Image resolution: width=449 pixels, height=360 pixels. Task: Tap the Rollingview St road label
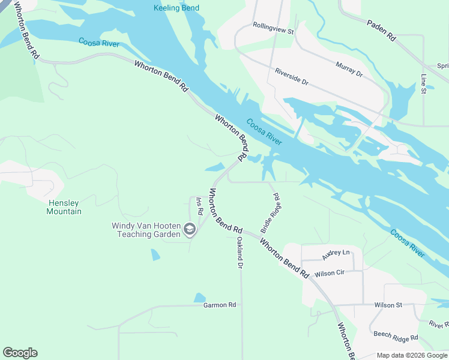coord(274,30)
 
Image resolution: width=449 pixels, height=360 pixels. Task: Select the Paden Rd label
coord(381,29)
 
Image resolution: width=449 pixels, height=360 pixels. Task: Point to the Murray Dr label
coord(349,69)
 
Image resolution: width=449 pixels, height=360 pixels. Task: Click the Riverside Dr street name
coord(291,76)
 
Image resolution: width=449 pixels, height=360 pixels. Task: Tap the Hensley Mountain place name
coord(64,207)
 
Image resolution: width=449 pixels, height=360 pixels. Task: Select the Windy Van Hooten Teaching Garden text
coord(146,230)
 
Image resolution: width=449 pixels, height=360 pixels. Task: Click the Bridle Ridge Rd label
coord(270,213)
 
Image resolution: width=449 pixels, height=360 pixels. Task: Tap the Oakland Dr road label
coord(240,252)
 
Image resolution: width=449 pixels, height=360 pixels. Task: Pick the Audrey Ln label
coord(336,254)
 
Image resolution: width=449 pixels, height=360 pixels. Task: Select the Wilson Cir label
coord(329,273)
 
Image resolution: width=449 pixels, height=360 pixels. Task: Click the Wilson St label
coord(388,305)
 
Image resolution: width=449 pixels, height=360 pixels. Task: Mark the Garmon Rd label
coord(219,305)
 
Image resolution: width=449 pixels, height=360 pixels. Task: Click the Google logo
coord(20,353)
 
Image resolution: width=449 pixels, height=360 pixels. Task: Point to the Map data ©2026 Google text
coord(411,355)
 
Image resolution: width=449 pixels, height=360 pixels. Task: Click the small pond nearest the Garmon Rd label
coord(199,298)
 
